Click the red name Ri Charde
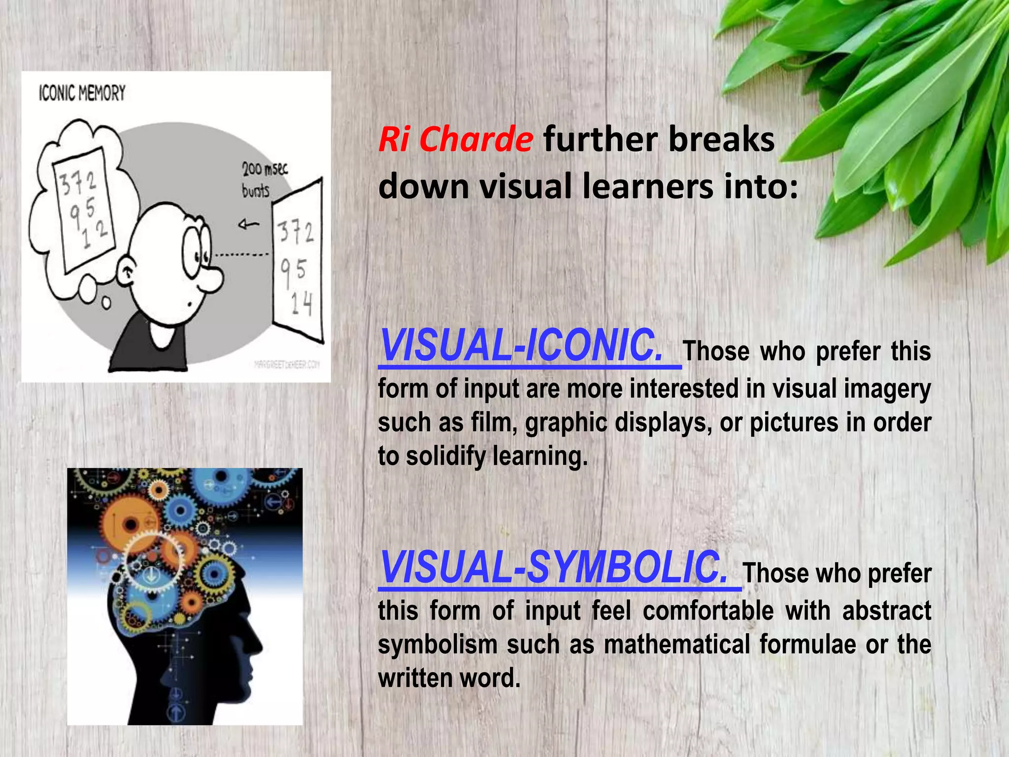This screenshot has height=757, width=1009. pos(455,139)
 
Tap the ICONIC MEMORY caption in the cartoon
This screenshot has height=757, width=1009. pos(82,93)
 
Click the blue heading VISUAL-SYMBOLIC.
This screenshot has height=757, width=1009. pos(554,568)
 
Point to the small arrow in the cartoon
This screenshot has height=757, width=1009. pos(249,225)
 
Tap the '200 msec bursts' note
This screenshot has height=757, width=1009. pos(263,180)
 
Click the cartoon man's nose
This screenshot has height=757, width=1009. pos(213,281)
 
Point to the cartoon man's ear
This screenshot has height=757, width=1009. pos(129,272)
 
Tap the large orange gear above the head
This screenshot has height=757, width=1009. pos(127,522)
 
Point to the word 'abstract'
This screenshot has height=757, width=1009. pos(886,611)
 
